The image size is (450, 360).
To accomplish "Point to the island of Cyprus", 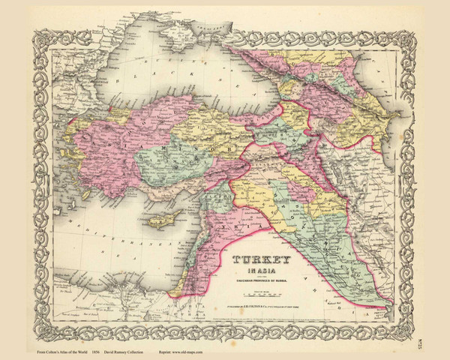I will (160, 220).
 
